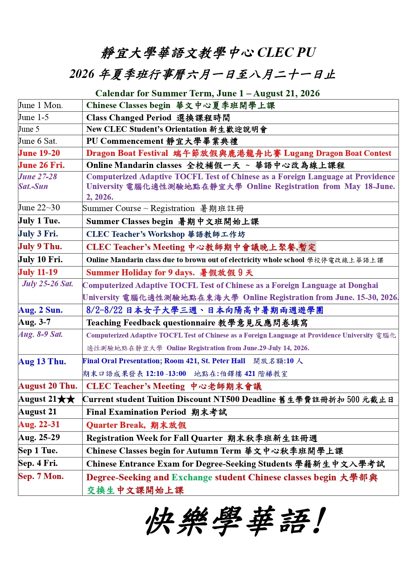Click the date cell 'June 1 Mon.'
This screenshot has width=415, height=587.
click(40, 105)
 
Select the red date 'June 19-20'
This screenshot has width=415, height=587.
click(39, 153)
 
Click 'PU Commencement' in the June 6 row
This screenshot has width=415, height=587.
click(125, 141)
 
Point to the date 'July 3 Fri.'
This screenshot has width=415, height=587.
click(38, 234)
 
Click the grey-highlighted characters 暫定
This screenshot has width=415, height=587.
click(307, 247)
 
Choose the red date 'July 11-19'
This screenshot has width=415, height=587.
click(38, 272)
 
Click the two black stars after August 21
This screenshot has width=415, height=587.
click(66, 399)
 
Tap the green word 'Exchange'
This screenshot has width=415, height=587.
click(192, 477)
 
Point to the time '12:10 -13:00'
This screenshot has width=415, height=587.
click(166, 374)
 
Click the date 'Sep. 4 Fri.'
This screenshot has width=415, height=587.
click(38, 464)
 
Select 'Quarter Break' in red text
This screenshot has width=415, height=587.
click(115, 425)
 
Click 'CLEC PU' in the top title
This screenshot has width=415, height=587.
click(287, 53)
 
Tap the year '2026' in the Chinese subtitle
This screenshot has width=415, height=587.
click(82, 74)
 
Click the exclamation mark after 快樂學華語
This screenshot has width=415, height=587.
click(318, 521)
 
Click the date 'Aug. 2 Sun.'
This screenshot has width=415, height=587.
click(40, 310)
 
